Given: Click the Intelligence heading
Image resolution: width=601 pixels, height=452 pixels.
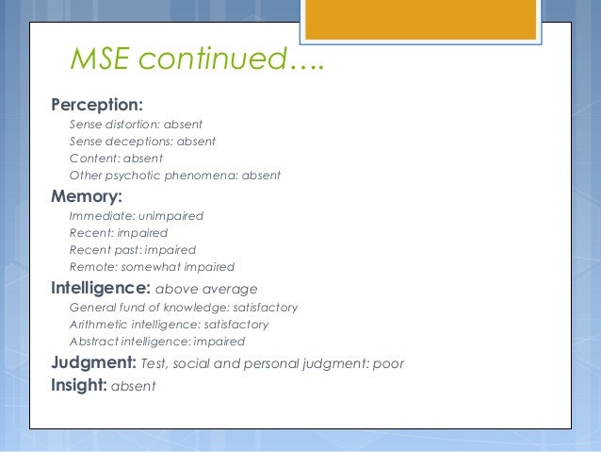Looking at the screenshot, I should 103,288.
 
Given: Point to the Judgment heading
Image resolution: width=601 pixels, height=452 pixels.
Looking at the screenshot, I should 95,362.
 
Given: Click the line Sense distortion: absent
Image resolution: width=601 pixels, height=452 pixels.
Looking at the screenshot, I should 136,124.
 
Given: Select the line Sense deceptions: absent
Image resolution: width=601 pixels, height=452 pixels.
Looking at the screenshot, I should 142,141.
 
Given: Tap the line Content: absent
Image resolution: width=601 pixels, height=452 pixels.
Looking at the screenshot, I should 116,158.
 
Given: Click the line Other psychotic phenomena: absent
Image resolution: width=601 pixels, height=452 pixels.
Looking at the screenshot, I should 174,175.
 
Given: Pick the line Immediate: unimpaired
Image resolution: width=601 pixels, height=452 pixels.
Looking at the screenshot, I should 136,215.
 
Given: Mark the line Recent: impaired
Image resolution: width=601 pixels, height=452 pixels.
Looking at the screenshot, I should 118,232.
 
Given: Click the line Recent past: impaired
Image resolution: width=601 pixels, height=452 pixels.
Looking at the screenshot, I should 132,249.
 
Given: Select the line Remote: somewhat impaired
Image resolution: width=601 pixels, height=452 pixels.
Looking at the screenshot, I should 152,266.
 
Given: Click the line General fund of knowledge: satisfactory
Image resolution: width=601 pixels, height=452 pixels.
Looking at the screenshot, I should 184,308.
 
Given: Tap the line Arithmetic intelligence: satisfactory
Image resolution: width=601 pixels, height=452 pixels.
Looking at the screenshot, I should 169,324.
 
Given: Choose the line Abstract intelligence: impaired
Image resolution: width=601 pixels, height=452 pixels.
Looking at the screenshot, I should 156,341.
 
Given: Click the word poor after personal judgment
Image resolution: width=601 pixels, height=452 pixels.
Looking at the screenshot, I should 387,363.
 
